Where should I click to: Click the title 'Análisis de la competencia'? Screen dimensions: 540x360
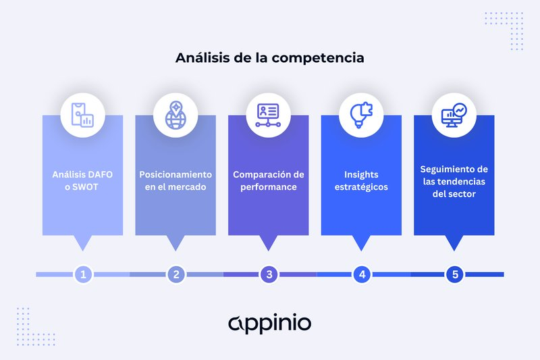[269, 58]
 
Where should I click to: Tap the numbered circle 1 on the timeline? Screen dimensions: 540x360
[83, 275]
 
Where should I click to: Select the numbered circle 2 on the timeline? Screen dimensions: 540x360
[176, 275]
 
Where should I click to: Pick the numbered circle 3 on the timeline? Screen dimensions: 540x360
[269, 275]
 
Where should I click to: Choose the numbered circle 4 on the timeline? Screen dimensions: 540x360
[362, 275]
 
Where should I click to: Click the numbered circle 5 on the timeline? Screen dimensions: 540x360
[455, 275]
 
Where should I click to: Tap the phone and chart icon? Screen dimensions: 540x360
[82, 115]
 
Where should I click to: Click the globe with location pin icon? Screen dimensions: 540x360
[175, 115]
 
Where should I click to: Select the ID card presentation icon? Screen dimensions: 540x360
[268, 115]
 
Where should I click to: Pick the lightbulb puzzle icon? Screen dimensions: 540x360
[361, 115]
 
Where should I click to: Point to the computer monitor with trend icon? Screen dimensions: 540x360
[454, 115]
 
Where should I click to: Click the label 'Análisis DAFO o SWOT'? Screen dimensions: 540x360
[82, 180]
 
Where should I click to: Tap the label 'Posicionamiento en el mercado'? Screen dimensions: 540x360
[175, 180]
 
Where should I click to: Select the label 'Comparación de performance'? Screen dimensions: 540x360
[269, 180]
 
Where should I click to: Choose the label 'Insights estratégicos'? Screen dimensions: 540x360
[361, 180]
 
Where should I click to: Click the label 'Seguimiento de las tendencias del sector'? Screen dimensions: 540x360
[454, 182]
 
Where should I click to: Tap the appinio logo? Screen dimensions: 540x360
[269, 323]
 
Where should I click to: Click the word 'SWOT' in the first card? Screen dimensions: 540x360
[85, 187]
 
